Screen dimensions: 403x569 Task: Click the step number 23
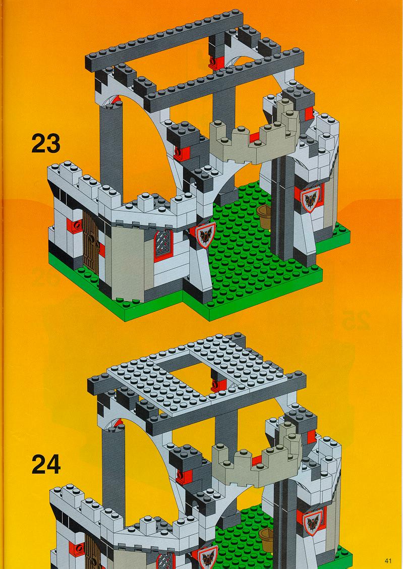click(x=46, y=143)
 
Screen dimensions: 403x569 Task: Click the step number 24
click(x=46, y=465)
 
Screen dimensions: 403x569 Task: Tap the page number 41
click(x=388, y=561)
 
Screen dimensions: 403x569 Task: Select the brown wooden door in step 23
click(x=91, y=243)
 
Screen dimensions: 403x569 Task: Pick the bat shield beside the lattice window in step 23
click(x=206, y=235)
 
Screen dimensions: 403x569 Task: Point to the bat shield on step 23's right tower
click(x=310, y=199)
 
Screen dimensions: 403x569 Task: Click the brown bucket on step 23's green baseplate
click(x=264, y=216)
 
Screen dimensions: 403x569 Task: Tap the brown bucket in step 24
click(x=266, y=540)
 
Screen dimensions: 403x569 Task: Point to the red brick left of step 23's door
click(x=74, y=225)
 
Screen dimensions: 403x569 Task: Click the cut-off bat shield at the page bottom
click(x=208, y=558)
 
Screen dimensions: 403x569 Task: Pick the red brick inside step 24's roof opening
click(x=219, y=385)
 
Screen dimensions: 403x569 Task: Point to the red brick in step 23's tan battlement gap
click(x=254, y=137)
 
